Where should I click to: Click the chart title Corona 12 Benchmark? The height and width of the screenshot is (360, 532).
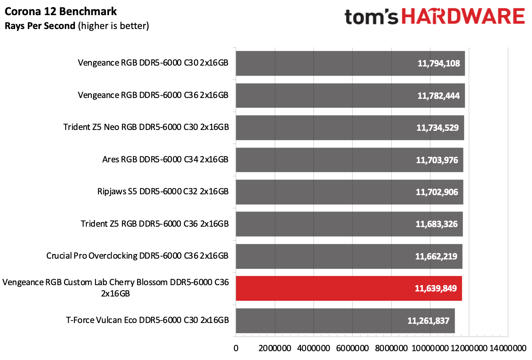click(x=61, y=11)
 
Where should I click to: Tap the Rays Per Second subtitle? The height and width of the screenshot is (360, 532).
click(x=77, y=26)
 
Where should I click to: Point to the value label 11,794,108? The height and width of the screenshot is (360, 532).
click(x=439, y=64)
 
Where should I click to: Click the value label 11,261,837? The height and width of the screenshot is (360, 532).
click(x=428, y=321)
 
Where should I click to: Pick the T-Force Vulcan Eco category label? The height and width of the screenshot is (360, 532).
click(x=147, y=320)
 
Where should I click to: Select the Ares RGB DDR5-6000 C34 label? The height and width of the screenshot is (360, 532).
click(x=165, y=160)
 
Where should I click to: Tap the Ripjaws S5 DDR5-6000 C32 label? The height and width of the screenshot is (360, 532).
click(x=162, y=192)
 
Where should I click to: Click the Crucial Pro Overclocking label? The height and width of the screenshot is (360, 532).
click(x=137, y=256)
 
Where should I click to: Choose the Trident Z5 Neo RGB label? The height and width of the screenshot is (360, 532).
click(x=146, y=127)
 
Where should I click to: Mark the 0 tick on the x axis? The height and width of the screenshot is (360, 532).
click(x=236, y=348)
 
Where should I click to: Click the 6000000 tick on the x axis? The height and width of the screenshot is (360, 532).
click(x=353, y=348)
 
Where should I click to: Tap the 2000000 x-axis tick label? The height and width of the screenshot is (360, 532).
click(x=275, y=348)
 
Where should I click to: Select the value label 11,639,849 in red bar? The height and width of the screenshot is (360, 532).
click(x=436, y=289)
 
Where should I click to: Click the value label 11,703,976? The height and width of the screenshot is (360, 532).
click(x=437, y=160)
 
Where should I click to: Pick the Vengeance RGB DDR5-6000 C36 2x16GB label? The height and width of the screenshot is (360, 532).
click(x=153, y=95)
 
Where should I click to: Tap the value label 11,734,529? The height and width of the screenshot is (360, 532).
click(x=438, y=128)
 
